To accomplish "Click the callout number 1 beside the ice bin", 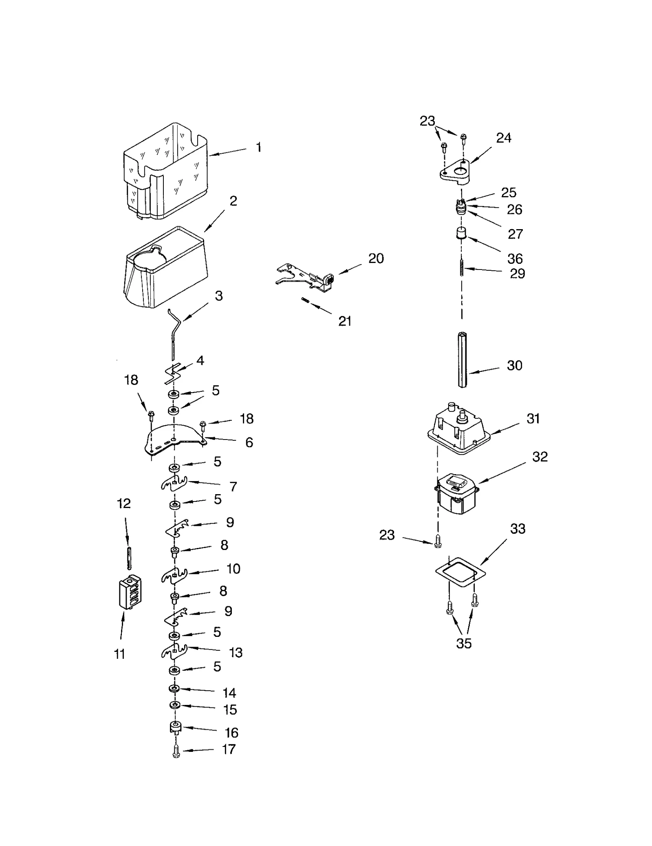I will [x=258, y=147].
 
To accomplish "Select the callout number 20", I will [x=376, y=258].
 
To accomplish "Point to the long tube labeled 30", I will [x=462, y=360].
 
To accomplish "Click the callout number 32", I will [x=540, y=457].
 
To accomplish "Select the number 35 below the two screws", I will [x=464, y=643].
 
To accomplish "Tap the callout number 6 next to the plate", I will [x=249, y=442].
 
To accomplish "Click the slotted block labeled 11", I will [x=130, y=592].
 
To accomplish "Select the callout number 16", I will [x=231, y=733].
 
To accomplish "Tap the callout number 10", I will [x=233, y=569].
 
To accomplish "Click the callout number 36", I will [x=515, y=258].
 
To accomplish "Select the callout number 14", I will [x=229, y=693].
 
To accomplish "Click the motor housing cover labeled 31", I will [x=458, y=432].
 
